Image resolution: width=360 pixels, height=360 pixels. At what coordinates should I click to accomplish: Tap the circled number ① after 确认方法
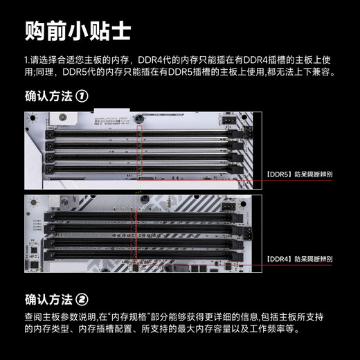[82, 97]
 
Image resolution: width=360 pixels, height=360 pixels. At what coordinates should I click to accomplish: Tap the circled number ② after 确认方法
[82, 300]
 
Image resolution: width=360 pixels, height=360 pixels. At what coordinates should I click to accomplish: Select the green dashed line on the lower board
[137, 228]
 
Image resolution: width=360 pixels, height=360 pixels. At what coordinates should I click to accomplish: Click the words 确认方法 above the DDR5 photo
[47, 97]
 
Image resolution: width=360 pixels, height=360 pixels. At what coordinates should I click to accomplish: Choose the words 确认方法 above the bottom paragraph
[47, 300]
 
